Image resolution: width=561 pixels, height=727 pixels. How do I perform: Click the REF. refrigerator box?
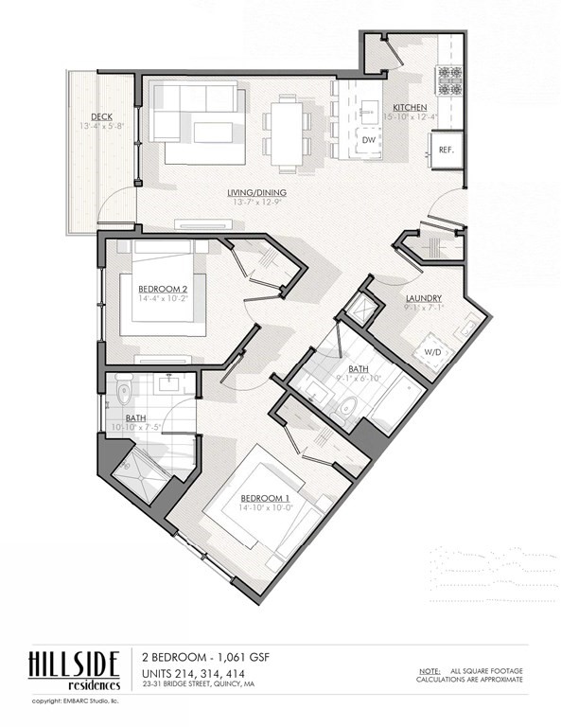(x=446, y=151)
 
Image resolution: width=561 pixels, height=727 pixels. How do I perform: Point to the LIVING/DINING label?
(x=256, y=193)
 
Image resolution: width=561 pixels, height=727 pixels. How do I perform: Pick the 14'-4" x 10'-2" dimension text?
(x=163, y=298)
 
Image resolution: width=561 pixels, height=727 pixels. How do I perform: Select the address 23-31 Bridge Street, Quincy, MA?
(x=198, y=683)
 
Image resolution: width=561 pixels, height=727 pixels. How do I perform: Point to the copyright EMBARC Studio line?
(x=81, y=701)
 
